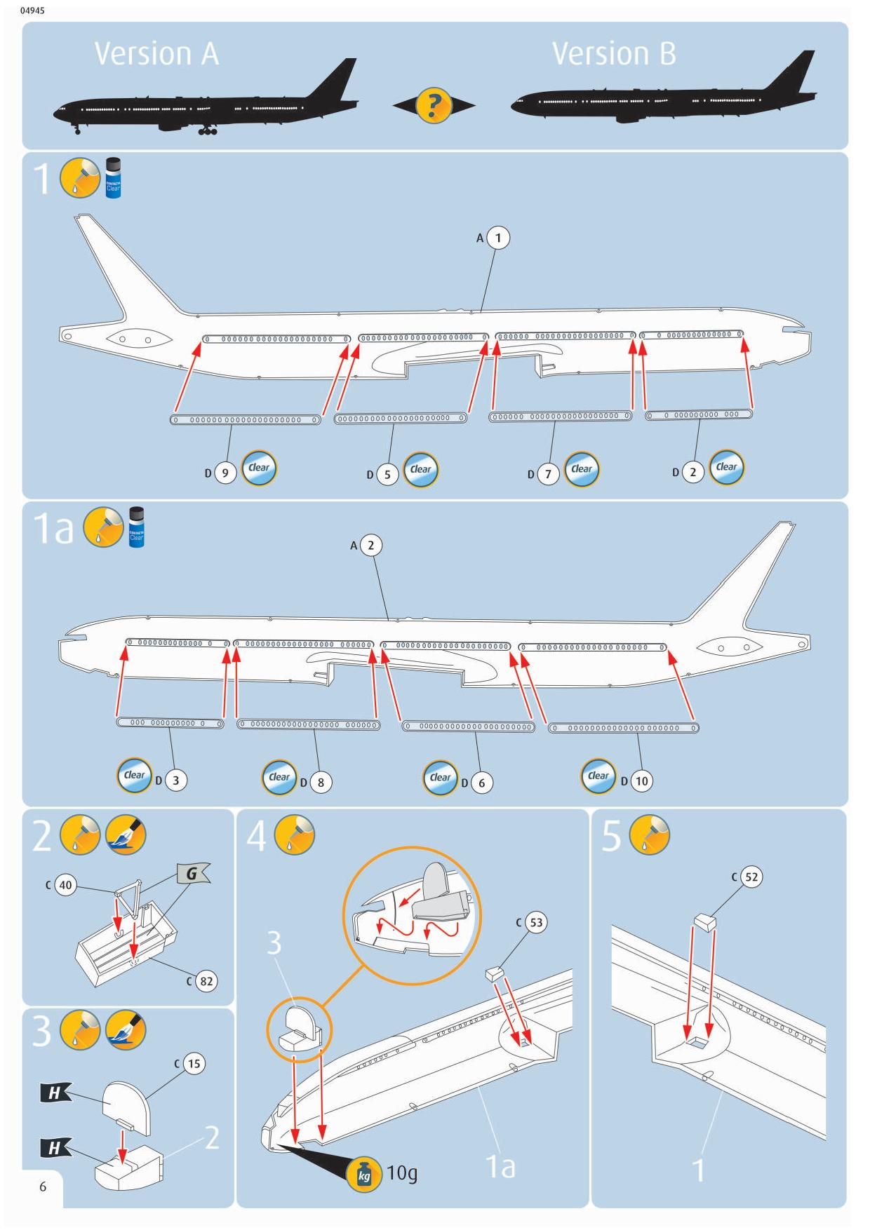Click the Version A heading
(156, 54)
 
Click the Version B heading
(614, 54)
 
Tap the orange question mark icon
(434, 106)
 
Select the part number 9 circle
(225, 473)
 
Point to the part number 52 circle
(751, 877)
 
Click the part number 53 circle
(536, 922)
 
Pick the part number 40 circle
(65, 885)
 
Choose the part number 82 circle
(206, 981)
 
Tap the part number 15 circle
(194, 1064)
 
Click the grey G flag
(192, 874)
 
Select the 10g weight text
(402, 1172)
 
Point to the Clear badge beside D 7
(582, 469)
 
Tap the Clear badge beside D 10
(598, 776)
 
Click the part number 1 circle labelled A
(498, 238)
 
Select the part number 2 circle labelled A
(370, 545)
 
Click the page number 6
(43, 1187)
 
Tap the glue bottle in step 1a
(137, 527)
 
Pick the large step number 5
(611, 837)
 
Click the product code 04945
(33, 11)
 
